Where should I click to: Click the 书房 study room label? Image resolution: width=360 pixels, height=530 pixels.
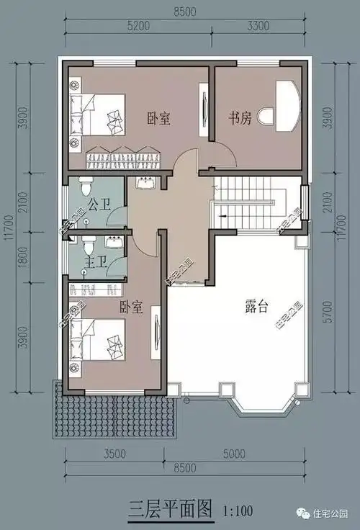point(240,118)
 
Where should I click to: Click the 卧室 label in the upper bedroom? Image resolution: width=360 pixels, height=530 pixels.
point(158,118)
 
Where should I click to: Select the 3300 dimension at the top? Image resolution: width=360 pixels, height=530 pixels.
point(258,26)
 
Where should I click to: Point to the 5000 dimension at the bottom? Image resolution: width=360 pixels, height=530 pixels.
point(234,454)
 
